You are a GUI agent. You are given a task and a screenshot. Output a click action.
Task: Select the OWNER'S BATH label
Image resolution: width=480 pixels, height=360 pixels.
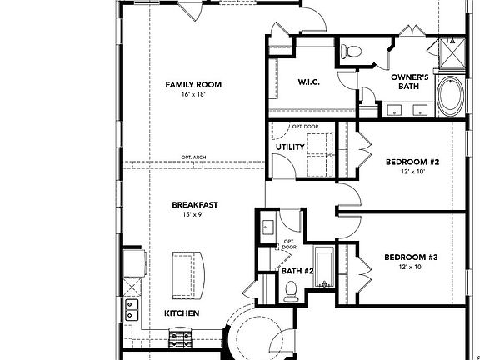click(409, 82)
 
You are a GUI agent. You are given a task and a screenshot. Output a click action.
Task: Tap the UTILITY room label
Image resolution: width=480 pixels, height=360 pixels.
click(290, 148)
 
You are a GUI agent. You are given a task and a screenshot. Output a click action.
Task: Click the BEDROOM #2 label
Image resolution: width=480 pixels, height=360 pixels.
click(412, 162)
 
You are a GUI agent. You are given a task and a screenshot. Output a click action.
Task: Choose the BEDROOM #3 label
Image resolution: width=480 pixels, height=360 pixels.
click(412, 257)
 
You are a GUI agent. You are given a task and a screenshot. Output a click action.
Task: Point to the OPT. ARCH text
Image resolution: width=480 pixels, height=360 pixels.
click(193, 157)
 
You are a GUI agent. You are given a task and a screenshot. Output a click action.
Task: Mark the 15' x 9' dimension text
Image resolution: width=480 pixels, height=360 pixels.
click(193, 214)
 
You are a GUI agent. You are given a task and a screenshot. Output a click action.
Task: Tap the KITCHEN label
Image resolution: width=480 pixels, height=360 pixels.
click(181, 313)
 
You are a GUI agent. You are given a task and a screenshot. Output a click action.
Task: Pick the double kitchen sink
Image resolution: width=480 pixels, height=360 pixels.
click(131, 311)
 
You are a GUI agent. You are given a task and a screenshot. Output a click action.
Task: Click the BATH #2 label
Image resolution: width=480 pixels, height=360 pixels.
click(297, 270)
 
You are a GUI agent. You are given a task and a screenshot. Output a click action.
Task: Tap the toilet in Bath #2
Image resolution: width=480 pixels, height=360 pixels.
click(291, 290)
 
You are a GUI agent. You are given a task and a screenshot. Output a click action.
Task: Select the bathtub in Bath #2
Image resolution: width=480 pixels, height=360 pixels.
click(322, 268)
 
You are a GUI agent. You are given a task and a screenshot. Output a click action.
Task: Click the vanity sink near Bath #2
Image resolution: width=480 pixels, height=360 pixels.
click(267, 227)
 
